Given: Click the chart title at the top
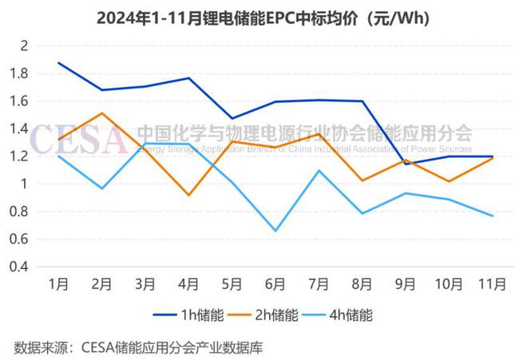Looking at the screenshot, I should [263, 18].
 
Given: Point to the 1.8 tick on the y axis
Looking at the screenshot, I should [18, 73].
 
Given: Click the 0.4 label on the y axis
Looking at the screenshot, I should [18, 267].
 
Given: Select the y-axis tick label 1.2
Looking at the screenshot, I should [18, 156].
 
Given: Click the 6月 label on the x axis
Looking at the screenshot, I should [275, 284].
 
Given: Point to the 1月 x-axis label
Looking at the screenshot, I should [58, 284].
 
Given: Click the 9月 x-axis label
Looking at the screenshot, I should [406, 284].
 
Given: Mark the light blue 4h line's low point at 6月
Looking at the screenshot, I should [275, 231].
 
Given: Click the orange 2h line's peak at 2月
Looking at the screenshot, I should [101, 113].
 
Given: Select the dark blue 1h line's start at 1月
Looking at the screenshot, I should [58, 63].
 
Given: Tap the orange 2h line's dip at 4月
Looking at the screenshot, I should [188, 195].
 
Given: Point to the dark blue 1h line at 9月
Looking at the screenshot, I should [406, 164].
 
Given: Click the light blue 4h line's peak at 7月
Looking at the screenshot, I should [319, 170].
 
